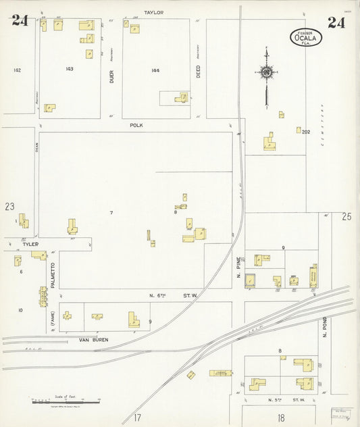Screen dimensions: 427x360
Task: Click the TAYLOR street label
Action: [x=153, y=12]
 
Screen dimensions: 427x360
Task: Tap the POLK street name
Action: [x=137, y=125]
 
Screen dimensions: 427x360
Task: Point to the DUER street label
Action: [x=112, y=78]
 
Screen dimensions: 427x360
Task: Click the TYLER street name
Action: [x=31, y=244]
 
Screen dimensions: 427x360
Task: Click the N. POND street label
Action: [x=325, y=327]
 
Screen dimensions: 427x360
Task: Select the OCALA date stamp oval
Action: [x=306, y=37]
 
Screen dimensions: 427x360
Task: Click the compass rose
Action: [x=267, y=72]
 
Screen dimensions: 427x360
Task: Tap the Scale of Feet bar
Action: [x=66, y=403]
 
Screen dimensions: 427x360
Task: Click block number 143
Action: [x=70, y=69]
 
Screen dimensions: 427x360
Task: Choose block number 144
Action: [x=156, y=70]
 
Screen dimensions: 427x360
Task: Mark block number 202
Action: [x=306, y=132]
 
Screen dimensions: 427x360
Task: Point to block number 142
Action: [x=17, y=70]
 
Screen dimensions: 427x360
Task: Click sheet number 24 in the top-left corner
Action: [x=20, y=20]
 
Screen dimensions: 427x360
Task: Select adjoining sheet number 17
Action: [x=137, y=417]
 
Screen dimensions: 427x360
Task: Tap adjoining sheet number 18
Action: [x=281, y=418]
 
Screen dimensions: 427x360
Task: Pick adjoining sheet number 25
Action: [x=346, y=217]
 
